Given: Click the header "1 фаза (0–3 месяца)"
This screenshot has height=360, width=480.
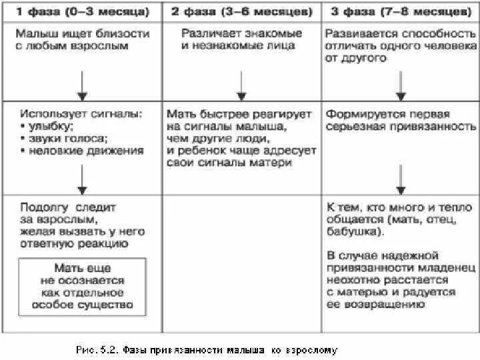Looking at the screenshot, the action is [81, 11].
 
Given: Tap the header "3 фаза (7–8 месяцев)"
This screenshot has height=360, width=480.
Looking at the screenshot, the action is [399, 11].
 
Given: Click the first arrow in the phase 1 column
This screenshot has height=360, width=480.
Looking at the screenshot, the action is [81, 83].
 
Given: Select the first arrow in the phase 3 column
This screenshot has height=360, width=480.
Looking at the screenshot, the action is [400, 83].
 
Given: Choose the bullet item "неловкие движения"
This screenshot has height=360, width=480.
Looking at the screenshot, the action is [85, 151].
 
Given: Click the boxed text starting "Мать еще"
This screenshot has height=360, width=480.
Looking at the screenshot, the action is [82, 287].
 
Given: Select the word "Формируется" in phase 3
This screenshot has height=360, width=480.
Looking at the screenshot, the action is [359, 115].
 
